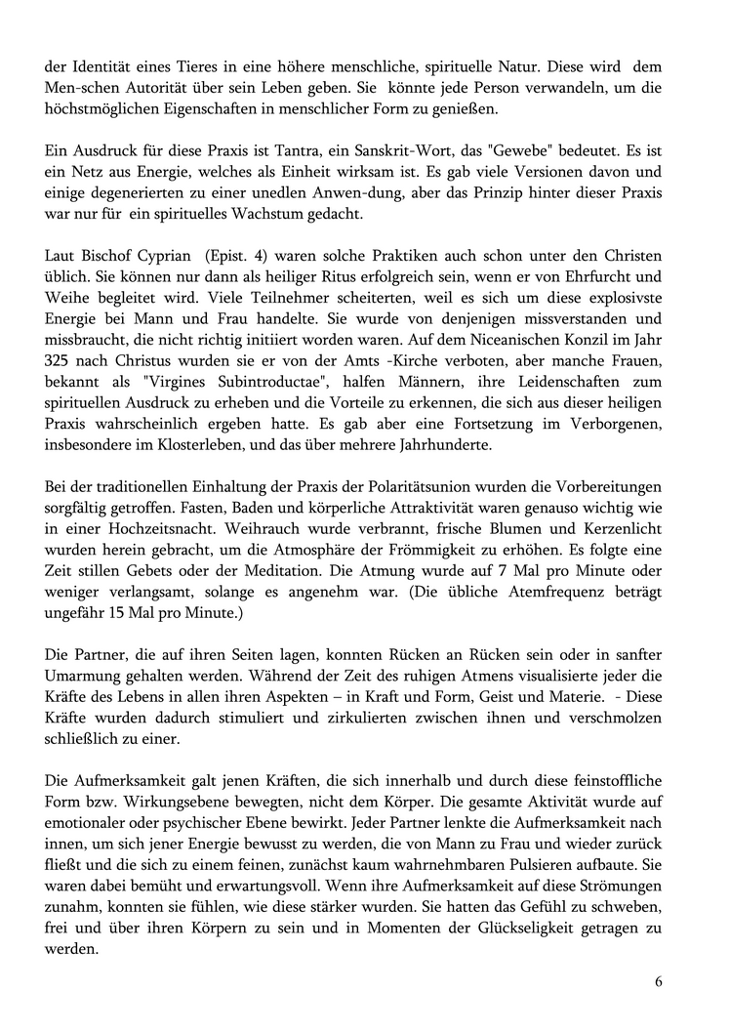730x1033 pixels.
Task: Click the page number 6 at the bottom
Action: point(659,982)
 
